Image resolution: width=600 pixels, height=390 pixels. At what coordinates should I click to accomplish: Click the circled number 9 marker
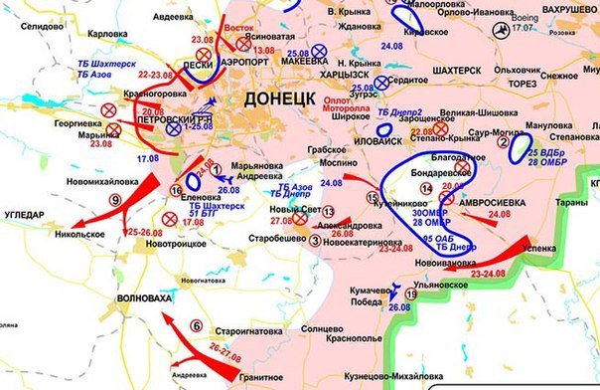point(115,201)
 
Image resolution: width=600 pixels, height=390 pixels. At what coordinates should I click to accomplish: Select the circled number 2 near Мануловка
point(503,143)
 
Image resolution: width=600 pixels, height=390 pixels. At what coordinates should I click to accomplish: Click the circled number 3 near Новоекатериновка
point(315,238)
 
